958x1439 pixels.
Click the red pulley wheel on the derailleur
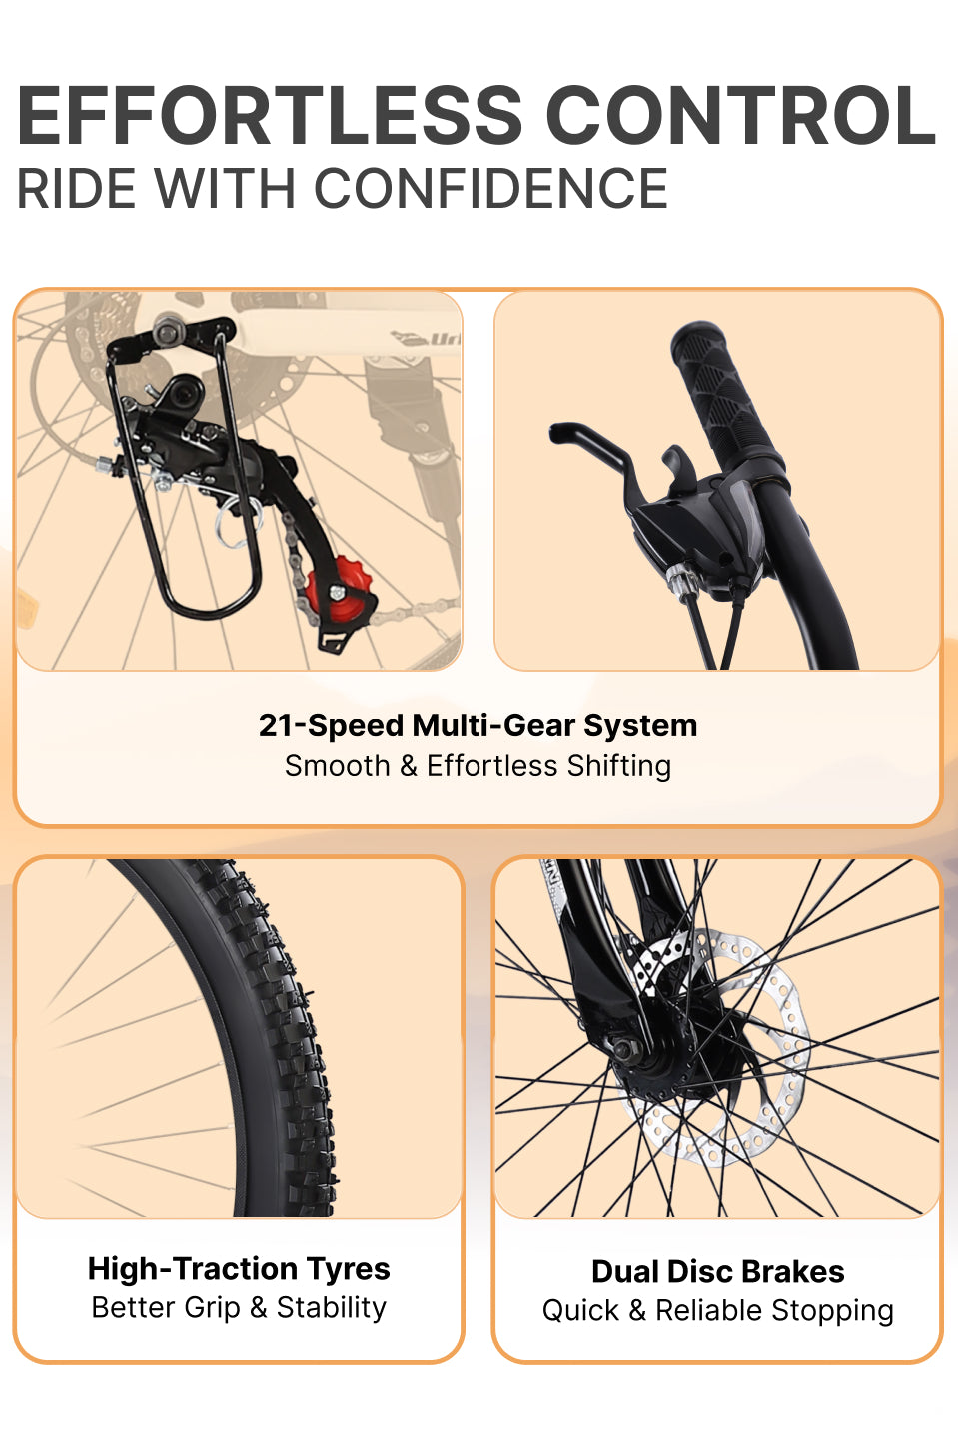click(x=338, y=589)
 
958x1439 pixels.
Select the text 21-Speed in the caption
click(x=331, y=725)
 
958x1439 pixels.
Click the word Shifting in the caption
click(x=618, y=766)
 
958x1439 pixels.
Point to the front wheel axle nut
click(x=627, y=1048)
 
